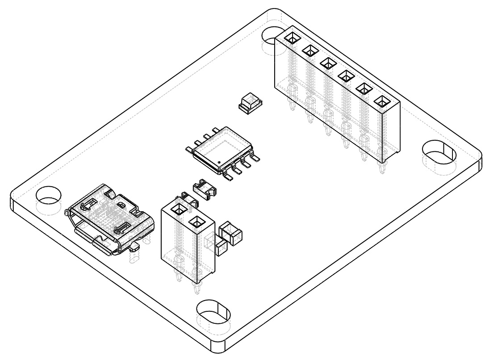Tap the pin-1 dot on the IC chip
tap(219, 161)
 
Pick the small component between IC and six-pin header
tap(249, 103)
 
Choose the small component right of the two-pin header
tap(229, 234)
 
